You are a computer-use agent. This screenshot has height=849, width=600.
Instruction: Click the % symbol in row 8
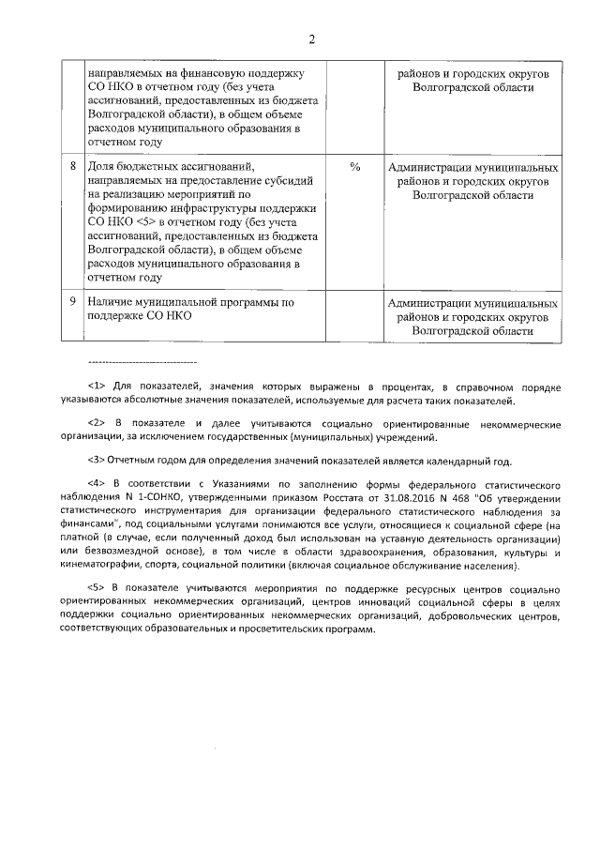(355, 167)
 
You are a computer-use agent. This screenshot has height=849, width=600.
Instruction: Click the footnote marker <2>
(97, 424)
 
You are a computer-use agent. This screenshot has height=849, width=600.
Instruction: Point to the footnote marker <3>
(97, 460)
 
